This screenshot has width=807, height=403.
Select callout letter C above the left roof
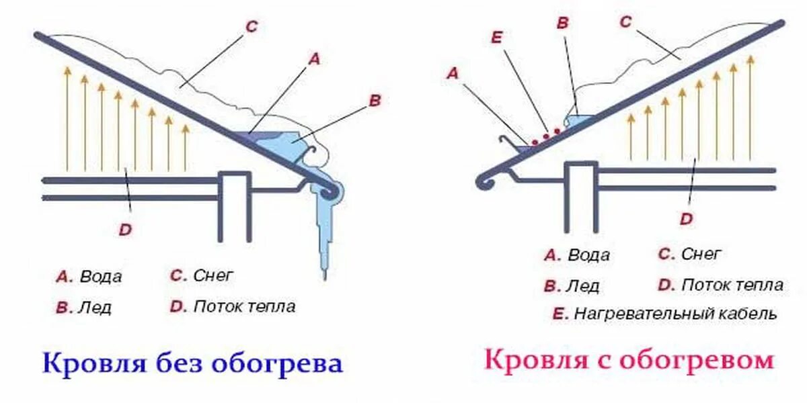click(x=251, y=27)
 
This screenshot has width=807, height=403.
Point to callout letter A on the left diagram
click(x=313, y=59)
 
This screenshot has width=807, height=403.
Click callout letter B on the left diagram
click(x=375, y=100)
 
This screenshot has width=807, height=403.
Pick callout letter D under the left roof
click(x=125, y=230)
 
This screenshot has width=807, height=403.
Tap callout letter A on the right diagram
click(x=452, y=74)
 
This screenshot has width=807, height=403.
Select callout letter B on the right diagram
click(x=562, y=23)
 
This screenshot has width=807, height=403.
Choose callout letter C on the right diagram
click(x=625, y=22)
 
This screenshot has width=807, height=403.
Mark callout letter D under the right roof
click(x=686, y=219)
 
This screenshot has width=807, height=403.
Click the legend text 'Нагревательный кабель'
click(x=675, y=314)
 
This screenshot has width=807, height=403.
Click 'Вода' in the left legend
click(x=101, y=277)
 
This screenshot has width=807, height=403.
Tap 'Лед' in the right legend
click(x=582, y=285)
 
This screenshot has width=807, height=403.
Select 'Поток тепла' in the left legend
click(x=244, y=307)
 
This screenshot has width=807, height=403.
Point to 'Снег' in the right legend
click(x=701, y=254)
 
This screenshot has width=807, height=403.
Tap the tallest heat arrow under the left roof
click(x=67, y=118)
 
